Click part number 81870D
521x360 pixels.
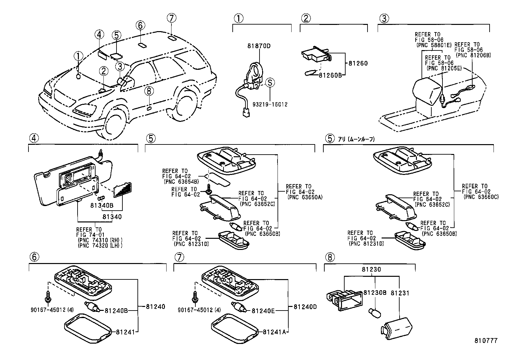point(259,46)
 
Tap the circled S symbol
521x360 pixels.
point(270,83)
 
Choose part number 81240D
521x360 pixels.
point(305,307)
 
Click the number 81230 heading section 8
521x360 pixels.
point(371,270)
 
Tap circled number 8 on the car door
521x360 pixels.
point(149,91)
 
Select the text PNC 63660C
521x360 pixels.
point(481,197)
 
